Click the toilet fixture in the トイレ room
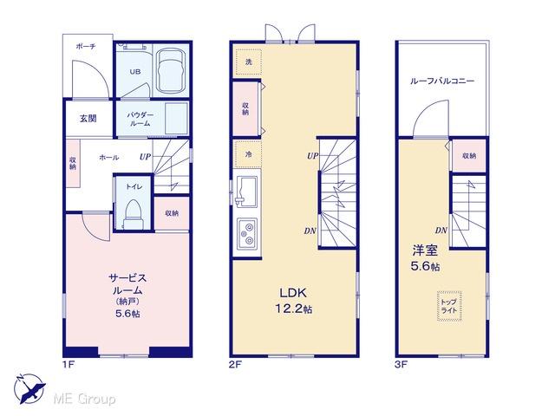point(133,214)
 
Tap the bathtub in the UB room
point(171,70)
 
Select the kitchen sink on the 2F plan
point(246,191)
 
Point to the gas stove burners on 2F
point(247,232)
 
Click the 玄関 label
point(88,118)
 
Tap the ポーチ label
point(86,46)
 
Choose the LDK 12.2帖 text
point(294,301)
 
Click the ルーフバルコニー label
point(442,81)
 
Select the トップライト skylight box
point(449,306)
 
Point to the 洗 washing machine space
point(249,62)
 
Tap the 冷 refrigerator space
point(249,154)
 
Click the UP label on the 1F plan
point(145,157)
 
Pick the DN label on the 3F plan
point(441,231)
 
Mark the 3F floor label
point(401,364)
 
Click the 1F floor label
point(69,364)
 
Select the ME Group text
point(84,400)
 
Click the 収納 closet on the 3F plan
point(469,156)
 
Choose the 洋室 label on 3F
point(425,250)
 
